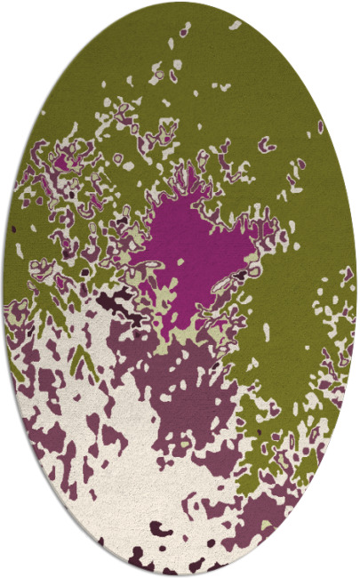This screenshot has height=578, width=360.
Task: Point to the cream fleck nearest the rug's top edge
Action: click(x=235, y=26)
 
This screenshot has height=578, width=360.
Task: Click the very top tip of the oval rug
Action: click(x=180, y=2)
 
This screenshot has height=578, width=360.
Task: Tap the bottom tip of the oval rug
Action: click(x=180, y=576)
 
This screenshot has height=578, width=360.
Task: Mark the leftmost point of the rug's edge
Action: click(x=3, y=289)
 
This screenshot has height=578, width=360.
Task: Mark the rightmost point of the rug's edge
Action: click(x=357, y=289)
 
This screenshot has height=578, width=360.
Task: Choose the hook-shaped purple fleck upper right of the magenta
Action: click(x=267, y=142)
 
